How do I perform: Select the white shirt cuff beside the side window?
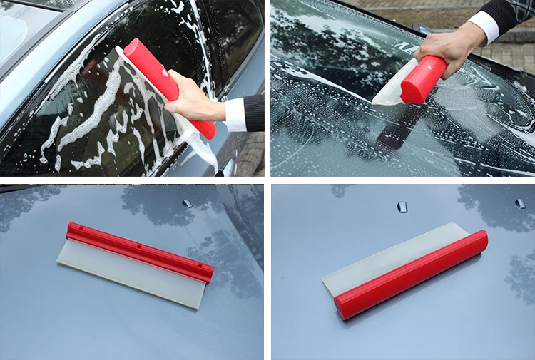(x=235, y=114)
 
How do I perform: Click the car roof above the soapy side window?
(x=29, y=29)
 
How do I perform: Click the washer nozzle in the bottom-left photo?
(x=187, y=203)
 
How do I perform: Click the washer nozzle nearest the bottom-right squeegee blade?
(x=402, y=207)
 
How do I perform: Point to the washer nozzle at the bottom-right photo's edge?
(x=520, y=203)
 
